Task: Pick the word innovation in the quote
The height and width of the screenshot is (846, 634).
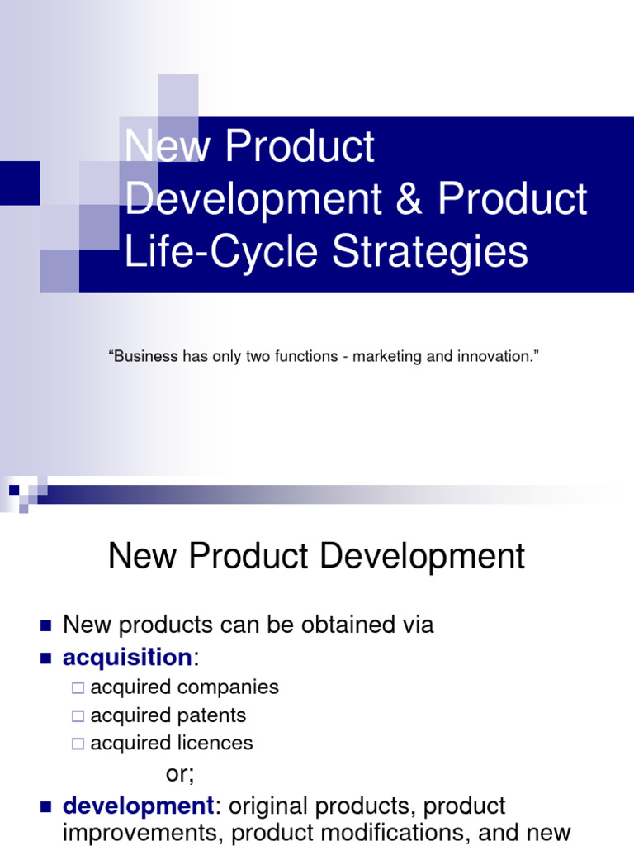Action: [x=492, y=357]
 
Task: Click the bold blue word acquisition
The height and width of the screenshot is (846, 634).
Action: [x=127, y=658]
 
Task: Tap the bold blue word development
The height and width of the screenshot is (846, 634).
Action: [x=139, y=806]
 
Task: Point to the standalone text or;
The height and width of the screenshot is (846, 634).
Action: [x=180, y=774]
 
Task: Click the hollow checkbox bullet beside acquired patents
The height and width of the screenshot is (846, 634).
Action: [x=78, y=715]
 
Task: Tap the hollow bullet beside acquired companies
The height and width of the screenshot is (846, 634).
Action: [x=78, y=687]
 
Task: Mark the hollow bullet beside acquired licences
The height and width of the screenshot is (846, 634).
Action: [x=78, y=744]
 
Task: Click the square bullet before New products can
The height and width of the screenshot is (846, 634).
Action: [x=45, y=625]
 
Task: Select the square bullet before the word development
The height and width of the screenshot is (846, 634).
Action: [x=45, y=806]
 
